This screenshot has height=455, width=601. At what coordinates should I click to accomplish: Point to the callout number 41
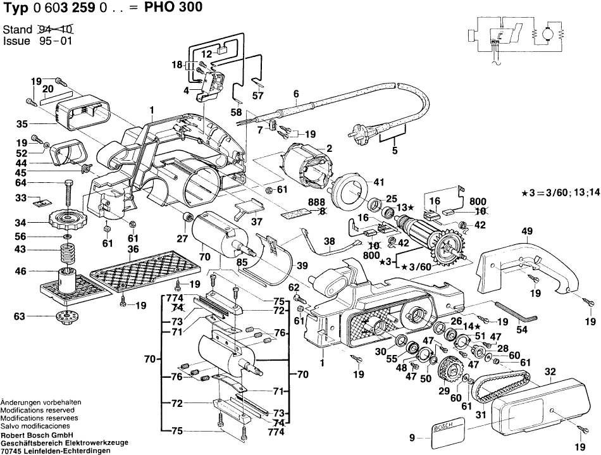click(378, 182)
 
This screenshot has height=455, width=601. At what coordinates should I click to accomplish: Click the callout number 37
click(257, 221)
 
